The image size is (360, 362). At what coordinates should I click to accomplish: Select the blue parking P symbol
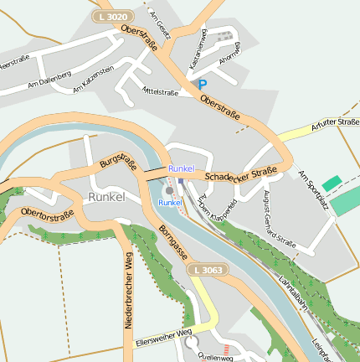tap(202, 85)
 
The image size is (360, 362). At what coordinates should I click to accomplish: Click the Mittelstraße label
tap(161, 92)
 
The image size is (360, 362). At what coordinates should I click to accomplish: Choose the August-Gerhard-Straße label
tap(280, 220)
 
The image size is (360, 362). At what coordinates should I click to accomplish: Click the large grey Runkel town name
tap(106, 197)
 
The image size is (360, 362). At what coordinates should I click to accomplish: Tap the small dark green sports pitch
tap(332, 183)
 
